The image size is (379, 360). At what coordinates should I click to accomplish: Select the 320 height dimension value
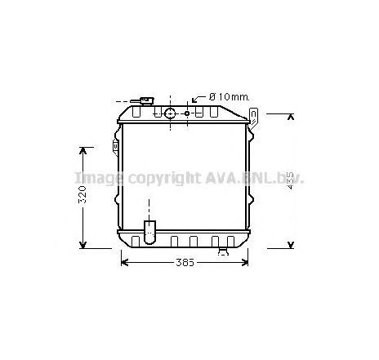click(x=83, y=197)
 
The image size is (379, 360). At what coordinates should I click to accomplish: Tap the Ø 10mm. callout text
click(x=229, y=97)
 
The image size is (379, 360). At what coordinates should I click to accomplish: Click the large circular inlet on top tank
click(x=170, y=113)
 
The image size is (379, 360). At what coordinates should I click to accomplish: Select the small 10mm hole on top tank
click(x=187, y=113)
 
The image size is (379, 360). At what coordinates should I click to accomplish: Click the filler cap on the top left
click(x=145, y=101)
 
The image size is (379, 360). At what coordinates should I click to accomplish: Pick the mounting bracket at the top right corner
click(x=255, y=118)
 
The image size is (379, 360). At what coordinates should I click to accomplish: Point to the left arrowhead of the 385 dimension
click(x=125, y=261)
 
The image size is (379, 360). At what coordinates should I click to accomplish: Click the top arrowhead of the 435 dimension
click(x=292, y=118)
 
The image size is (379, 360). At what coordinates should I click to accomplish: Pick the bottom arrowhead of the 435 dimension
click(x=292, y=242)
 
